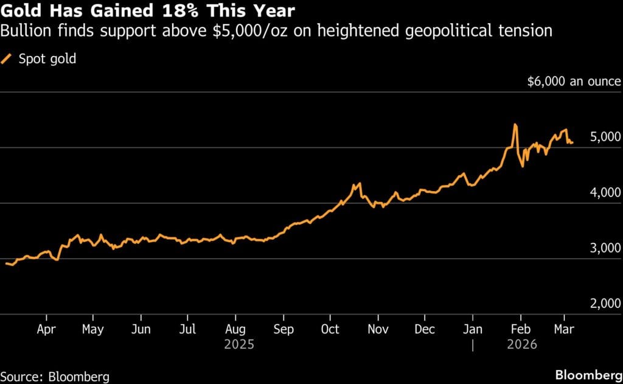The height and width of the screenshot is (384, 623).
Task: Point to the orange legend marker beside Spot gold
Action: pos(8,59)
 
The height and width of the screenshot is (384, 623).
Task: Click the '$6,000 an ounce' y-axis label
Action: pos(574,82)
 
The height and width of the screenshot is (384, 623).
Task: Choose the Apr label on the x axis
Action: pos(46,329)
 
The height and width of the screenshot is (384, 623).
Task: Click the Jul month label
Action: pos(187,329)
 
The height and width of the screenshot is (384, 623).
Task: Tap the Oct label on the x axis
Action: pos(330,329)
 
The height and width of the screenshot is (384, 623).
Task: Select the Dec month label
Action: pos(425,329)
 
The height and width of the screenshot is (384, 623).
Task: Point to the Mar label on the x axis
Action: pos(564,329)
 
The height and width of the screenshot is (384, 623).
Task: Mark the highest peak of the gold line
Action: pos(515,125)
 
